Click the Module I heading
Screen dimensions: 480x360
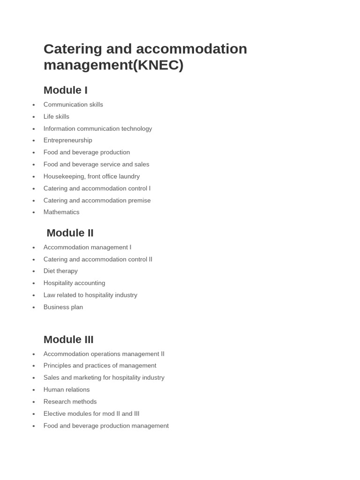click(x=65, y=90)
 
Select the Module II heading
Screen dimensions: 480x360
click(x=70, y=233)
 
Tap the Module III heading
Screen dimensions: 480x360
click(x=68, y=339)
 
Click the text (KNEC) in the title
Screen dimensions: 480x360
click(x=158, y=65)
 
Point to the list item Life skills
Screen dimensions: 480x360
click(x=56, y=116)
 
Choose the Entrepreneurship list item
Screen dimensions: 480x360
click(x=67, y=140)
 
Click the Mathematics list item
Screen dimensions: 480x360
click(x=61, y=212)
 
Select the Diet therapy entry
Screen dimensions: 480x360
click(x=60, y=271)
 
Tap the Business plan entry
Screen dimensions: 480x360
click(x=63, y=307)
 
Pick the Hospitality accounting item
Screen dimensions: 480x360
click(x=74, y=283)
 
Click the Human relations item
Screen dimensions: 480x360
click(x=66, y=390)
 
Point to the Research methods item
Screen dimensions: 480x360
click(x=70, y=402)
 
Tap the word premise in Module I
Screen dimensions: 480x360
click(x=140, y=200)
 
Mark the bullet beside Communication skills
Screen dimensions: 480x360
click(x=34, y=105)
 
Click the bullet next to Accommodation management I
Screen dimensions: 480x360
click(x=34, y=247)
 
